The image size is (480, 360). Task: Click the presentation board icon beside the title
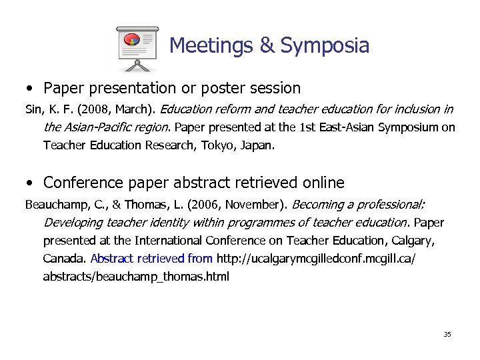(x=137, y=48)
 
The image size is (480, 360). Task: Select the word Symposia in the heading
(x=325, y=45)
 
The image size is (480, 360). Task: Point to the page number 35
(x=447, y=334)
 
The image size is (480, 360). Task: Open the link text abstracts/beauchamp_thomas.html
(x=135, y=276)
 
